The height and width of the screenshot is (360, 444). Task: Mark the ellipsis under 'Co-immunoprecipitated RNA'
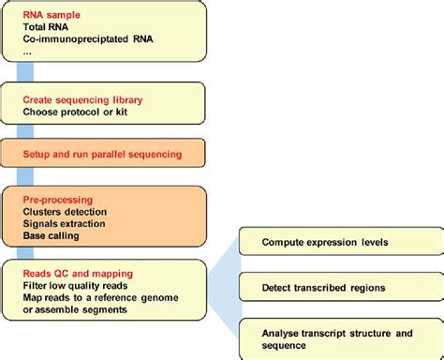[29, 52]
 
